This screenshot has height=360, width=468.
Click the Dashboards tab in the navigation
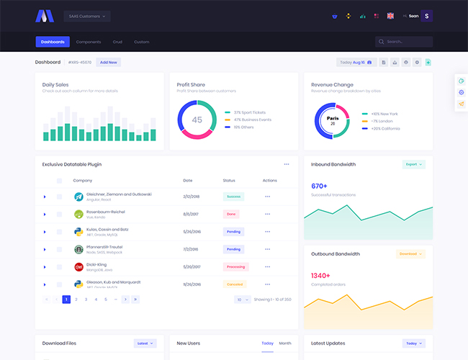coord(53,42)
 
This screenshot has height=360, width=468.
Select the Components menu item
coord(89,42)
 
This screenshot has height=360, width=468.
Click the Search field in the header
coord(404,42)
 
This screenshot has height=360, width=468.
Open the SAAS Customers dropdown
coord(86,16)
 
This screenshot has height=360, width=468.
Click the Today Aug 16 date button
coord(356,63)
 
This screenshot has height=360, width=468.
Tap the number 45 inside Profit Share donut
coord(197,120)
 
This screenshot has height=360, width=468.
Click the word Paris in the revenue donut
coord(332,118)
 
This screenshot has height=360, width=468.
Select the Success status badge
coord(233,196)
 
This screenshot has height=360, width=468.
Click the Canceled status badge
coord(235,284)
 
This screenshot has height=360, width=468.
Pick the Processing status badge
coord(235,266)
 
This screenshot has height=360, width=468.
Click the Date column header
coord(188,181)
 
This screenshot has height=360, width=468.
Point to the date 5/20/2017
coord(192,266)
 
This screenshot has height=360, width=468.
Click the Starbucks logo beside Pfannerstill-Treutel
coord(79,249)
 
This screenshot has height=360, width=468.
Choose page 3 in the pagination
coord(86,299)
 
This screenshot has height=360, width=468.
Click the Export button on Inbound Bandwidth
coord(413,164)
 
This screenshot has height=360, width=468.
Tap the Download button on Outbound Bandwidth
coord(410,254)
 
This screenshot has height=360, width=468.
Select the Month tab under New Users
coord(285,343)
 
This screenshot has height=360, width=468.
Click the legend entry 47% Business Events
coord(251,120)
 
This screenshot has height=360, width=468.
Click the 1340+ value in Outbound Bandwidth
coord(320,276)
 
